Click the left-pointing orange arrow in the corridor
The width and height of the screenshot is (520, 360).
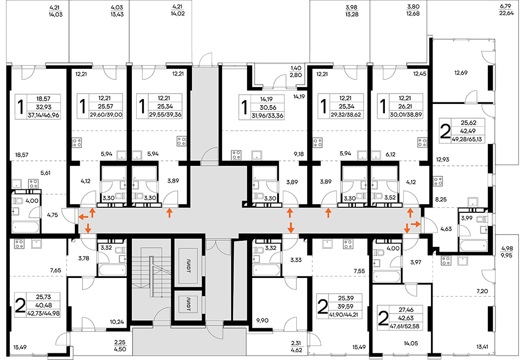83,217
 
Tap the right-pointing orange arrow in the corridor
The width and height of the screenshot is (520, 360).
416,225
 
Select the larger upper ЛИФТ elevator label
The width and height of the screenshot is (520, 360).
188,271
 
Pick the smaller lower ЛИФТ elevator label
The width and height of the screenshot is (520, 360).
188,304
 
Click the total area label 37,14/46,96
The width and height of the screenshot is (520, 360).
44,115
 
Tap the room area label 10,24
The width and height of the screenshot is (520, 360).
117,322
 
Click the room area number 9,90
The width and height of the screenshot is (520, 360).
262,321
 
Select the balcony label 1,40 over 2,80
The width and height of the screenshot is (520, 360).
296,72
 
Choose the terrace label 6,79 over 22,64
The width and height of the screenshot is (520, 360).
506,10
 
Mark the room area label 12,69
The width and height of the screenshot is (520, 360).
460,72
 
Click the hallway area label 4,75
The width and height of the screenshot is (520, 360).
52,214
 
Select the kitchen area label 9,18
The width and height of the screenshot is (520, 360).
298,154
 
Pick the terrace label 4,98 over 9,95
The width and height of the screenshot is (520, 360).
507,252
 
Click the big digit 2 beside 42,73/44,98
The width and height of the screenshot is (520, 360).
20,306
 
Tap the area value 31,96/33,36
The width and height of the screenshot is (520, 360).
267,116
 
